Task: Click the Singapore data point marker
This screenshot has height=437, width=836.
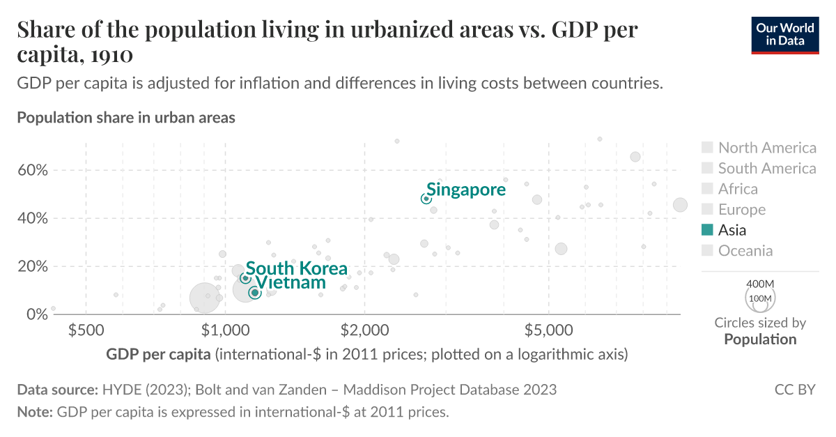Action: coord(426,199)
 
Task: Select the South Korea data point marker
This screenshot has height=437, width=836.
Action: coord(245,278)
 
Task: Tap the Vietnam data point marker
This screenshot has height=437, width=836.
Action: coord(255,293)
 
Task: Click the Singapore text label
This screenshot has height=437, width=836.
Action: coord(466,189)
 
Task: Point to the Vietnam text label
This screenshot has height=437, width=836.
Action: coord(291,282)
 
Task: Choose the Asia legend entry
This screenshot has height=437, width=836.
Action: coord(731,230)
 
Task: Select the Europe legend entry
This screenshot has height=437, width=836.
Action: coord(741,210)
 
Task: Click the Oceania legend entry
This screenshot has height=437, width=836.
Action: coord(745,251)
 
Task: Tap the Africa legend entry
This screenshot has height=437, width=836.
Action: coord(738,189)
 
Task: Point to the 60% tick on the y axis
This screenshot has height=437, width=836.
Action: coord(32,170)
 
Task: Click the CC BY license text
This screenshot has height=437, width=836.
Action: coord(794,390)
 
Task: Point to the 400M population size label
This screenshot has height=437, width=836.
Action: coord(760,284)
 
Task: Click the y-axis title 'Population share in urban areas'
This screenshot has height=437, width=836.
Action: coord(126,118)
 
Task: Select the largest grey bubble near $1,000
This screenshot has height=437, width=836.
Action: coord(204,298)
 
